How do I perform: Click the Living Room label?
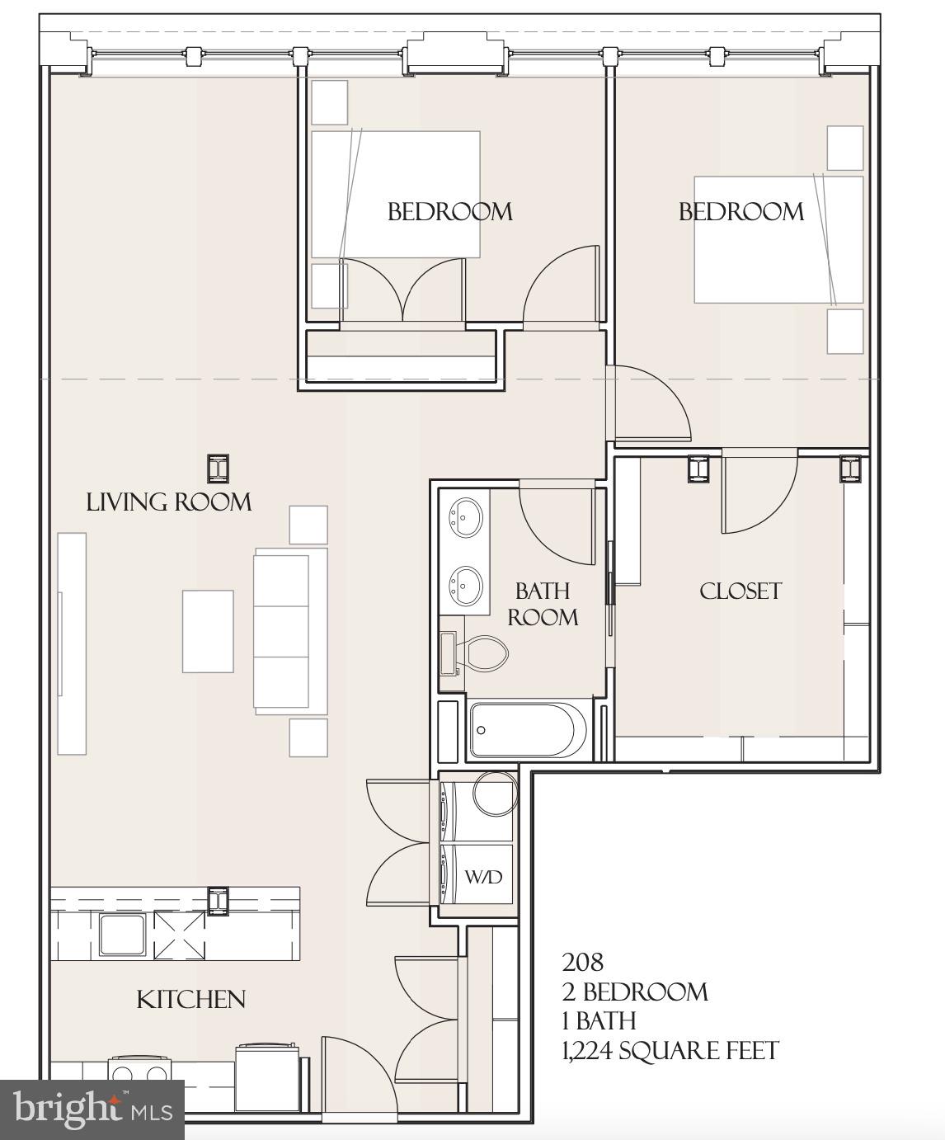pyautogui.click(x=169, y=502)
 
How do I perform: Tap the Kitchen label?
pyautogui.click(x=190, y=1000)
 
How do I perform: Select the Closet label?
pyautogui.click(x=740, y=591)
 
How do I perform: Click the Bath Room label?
pyautogui.click(x=542, y=604)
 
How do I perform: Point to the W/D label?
pyautogui.click(x=482, y=877)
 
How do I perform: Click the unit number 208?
pyautogui.click(x=583, y=962)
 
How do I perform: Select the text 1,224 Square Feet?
pyautogui.click(x=670, y=1051)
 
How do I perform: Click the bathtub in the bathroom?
pyautogui.click(x=528, y=730)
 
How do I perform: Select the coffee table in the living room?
pyautogui.click(x=208, y=631)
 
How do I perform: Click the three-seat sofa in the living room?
pyautogui.click(x=282, y=632)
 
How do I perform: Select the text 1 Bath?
pyautogui.click(x=599, y=1021)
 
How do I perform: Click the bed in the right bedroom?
pyautogui.click(x=778, y=239)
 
